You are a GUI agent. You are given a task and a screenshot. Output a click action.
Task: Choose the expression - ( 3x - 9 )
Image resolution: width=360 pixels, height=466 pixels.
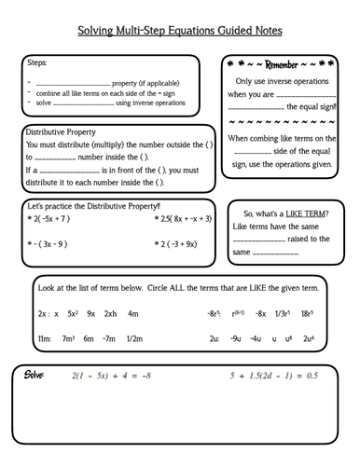[x=47, y=244]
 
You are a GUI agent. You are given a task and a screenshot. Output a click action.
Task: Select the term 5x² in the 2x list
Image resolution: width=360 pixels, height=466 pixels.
[x=72, y=314]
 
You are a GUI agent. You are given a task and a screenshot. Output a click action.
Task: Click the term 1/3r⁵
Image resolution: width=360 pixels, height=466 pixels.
[x=283, y=314]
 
